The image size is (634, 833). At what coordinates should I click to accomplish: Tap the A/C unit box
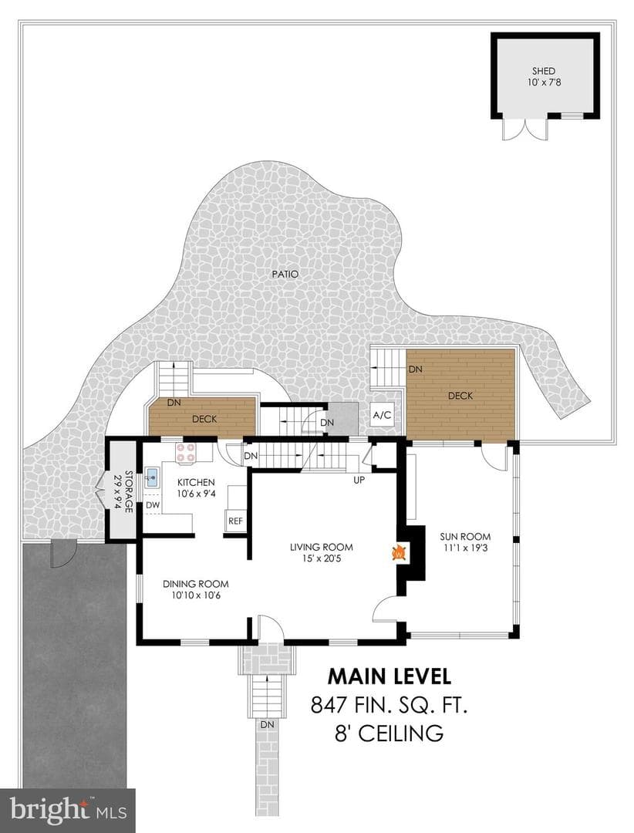click(382, 415)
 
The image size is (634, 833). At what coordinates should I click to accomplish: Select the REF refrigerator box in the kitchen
click(235, 521)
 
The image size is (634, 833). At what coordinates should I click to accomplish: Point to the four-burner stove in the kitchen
click(185, 452)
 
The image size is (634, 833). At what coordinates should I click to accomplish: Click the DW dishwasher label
click(153, 504)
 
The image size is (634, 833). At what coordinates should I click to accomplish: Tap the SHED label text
click(544, 71)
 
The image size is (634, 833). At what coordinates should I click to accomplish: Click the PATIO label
click(285, 275)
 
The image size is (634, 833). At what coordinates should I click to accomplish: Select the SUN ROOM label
click(465, 537)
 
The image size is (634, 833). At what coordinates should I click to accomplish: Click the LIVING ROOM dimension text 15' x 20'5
click(322, 558)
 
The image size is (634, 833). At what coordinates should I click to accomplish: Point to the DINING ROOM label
click(196, 585)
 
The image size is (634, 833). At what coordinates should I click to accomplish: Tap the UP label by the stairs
click(359, 481)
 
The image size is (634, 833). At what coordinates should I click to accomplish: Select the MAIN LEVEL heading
click(390, 676)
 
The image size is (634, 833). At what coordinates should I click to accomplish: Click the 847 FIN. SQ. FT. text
click(390, 706)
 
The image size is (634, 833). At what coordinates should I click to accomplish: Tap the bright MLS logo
click(68, 810)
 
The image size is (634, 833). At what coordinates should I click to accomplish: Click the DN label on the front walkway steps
click(268, 724)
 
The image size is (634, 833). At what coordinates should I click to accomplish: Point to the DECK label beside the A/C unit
click(460, 396)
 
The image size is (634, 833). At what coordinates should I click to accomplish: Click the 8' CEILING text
click(390, 734)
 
